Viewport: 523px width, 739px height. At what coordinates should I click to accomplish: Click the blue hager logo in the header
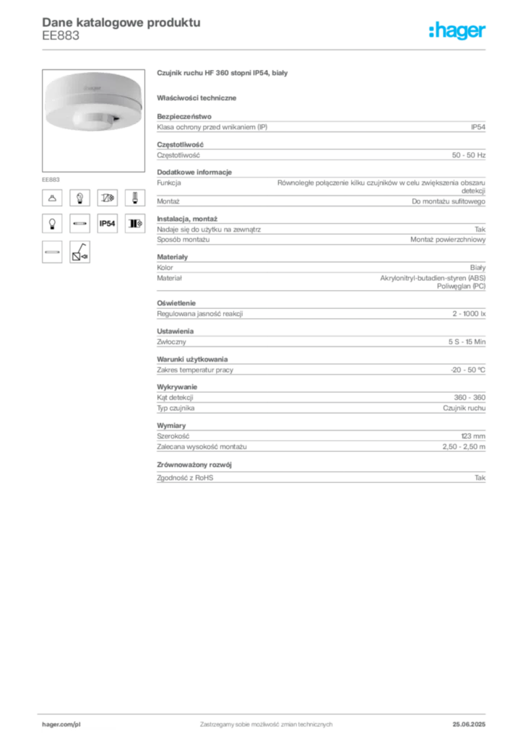tap(458, 32)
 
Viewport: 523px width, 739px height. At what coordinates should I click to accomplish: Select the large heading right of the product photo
tap(222, 74)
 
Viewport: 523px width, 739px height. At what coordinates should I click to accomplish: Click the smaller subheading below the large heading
tap(199, 97)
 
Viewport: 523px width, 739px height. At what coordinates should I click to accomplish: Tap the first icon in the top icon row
tap(52, 197)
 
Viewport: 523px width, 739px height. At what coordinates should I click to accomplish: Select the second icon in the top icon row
tap(79, 197)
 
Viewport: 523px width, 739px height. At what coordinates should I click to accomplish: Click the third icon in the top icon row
tap(107, 197)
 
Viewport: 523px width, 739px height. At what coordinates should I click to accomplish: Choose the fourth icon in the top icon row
tap(134, 197)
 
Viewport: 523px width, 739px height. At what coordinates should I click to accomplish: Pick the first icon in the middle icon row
tap(52, 224)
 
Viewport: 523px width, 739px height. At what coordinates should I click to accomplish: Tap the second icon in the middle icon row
tap(79, 224)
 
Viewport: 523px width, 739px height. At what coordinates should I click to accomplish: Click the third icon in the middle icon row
tap(107, 224)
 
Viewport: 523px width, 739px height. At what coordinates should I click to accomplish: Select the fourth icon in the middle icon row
tap(134, 224)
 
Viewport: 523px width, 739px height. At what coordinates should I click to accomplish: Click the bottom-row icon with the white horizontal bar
tap(52, 252)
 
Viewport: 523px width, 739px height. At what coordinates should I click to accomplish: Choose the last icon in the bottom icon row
tap(79, 252)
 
